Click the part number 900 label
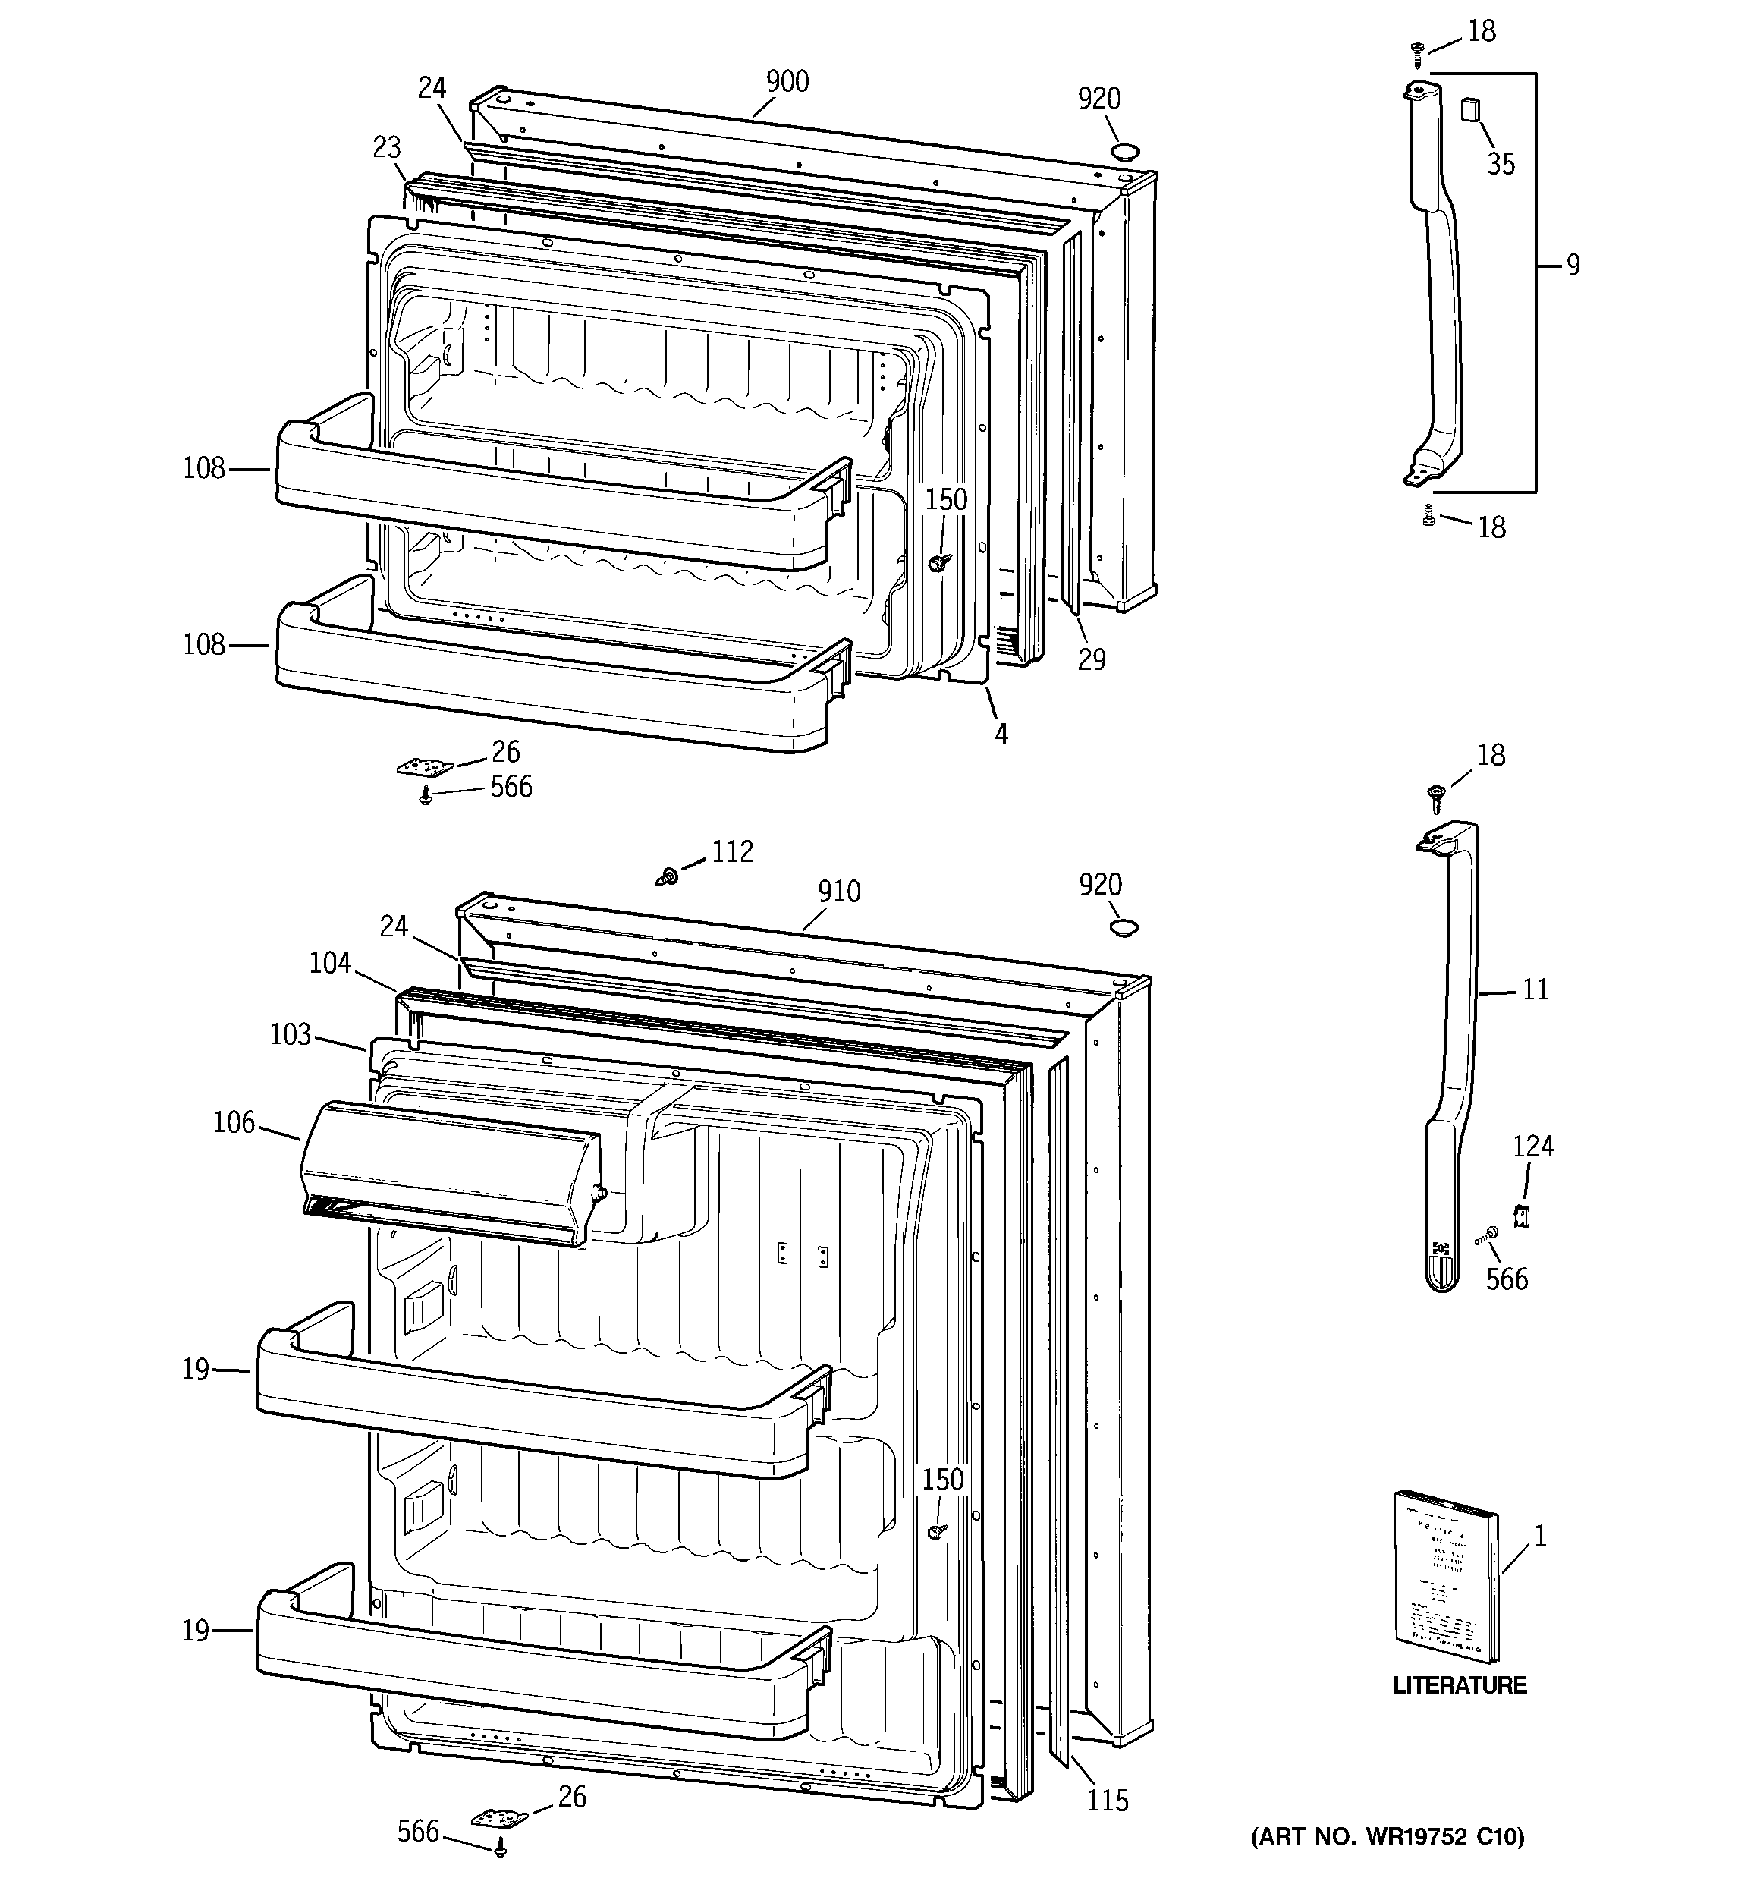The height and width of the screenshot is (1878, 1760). [x=787, y=82]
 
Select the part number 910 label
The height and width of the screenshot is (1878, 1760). [x=839, y=892]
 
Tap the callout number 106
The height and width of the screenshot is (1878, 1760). [x=234, y=1122]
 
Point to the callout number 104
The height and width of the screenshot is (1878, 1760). [x=330, y=964]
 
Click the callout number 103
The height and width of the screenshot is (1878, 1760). [x=290, y=1034]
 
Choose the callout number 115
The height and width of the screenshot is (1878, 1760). [x=1107, y=1801]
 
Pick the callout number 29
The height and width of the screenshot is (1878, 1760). [x=1091, y=659]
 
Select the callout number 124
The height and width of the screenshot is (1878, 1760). [x=1532, y=1147]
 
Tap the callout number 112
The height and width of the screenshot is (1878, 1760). [x=732, y=852]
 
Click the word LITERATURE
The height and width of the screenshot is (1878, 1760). [x=1460, y=1685]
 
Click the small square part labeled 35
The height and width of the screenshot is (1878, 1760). [x=1471, y=109]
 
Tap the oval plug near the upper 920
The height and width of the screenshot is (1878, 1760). [x=1125, y=151]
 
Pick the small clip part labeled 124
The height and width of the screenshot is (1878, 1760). [x=1521, y=1216]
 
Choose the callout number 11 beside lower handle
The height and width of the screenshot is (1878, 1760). [x=1536, y=990]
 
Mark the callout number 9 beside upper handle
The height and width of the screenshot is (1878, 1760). [x=1572, y=266]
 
